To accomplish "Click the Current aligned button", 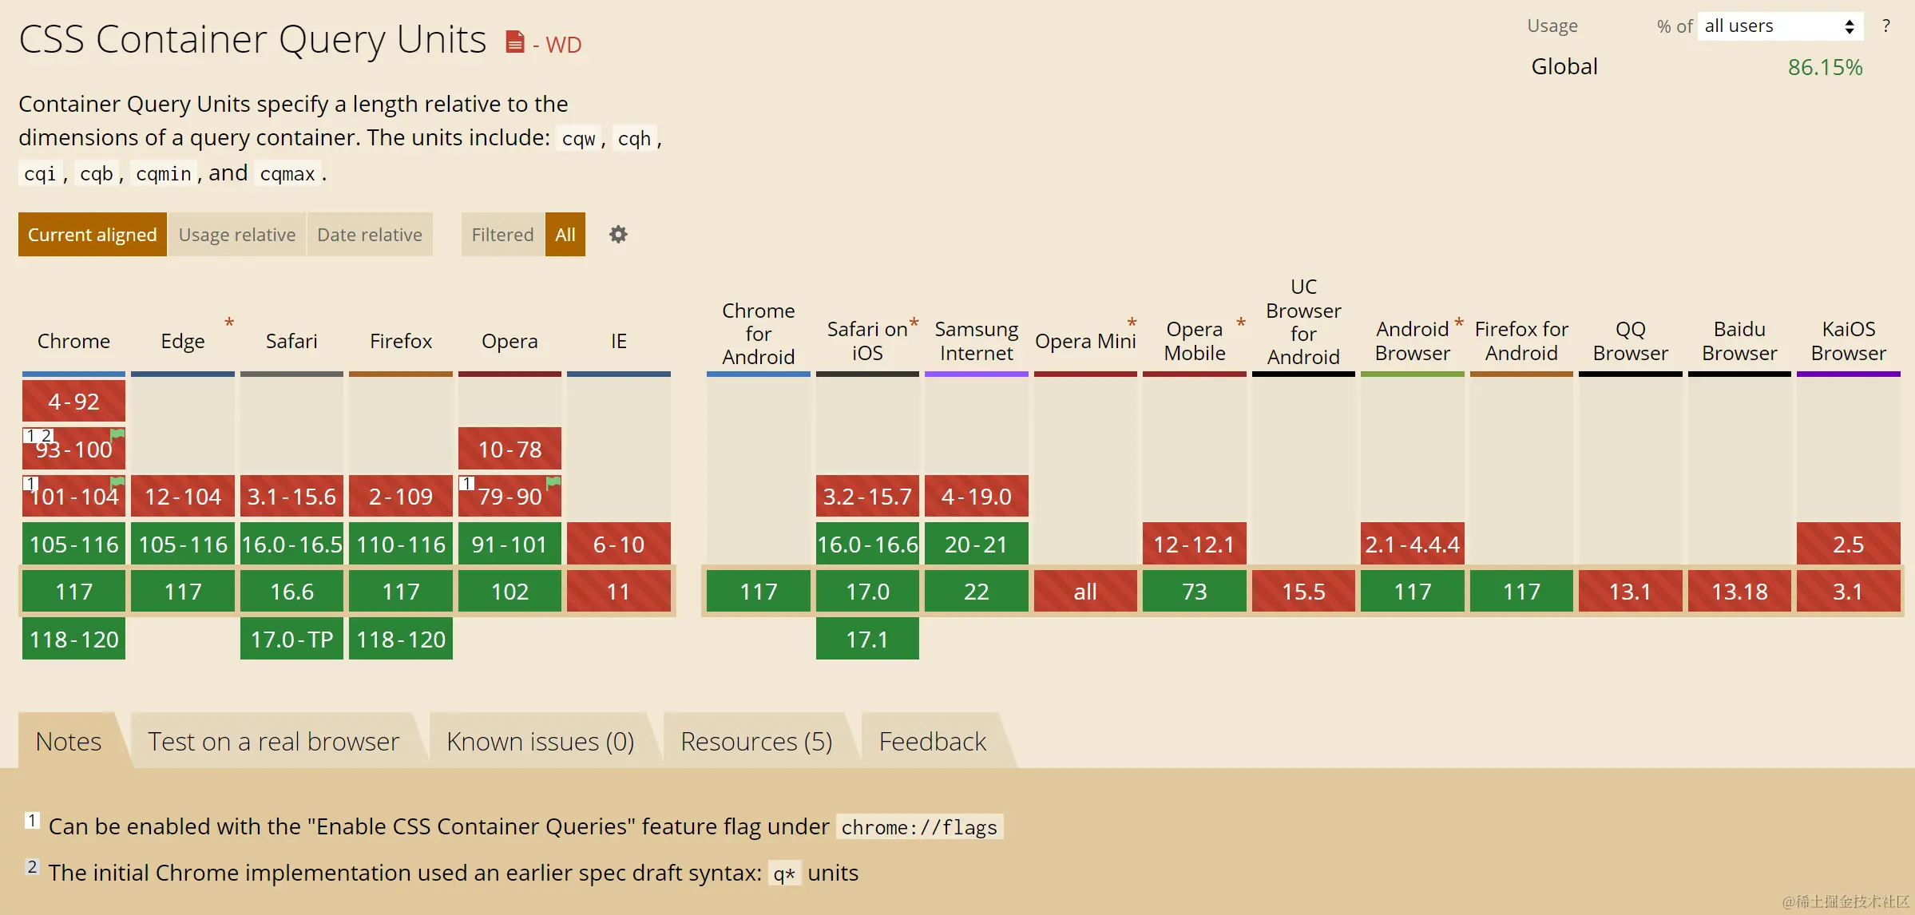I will point(92,235).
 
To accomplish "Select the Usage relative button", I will point(237,235).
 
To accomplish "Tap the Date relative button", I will point(369,235).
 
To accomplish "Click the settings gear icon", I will point(618,235).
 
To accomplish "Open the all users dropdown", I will point(1778,26).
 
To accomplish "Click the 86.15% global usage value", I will point(1825,67).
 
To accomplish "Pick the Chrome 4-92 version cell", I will point(73,402).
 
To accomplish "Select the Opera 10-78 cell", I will point(509,450).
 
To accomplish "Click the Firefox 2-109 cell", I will point(400,497).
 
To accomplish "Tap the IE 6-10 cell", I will point(618,545).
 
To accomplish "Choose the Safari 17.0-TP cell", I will point(291,640).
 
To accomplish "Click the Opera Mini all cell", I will point(1084,592).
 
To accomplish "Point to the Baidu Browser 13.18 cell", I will point(1739,592).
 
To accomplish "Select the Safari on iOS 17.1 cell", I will point(867,640).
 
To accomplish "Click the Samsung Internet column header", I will point(976,341).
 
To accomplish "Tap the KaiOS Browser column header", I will point(1848,341).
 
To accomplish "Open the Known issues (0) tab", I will point(540,742).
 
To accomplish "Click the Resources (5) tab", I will point(756,742).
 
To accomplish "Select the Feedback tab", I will point(932,742).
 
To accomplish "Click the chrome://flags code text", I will point(919,827).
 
